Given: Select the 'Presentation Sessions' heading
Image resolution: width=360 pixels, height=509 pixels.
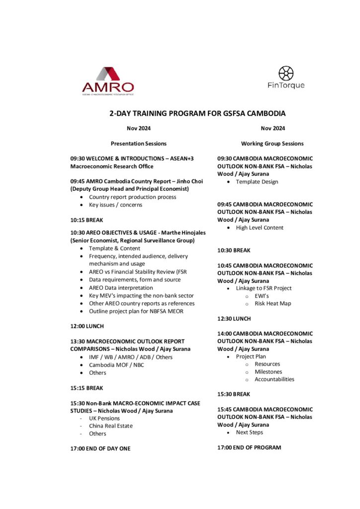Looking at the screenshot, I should pos(139,144).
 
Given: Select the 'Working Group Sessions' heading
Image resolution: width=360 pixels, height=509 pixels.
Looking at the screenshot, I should pos(272,144).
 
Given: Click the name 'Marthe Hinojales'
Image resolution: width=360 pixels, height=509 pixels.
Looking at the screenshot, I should pos(181,233).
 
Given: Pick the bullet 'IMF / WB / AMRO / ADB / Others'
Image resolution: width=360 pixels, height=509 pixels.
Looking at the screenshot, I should pos(131,357).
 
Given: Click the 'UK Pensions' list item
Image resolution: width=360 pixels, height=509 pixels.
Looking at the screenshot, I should pos(104,418).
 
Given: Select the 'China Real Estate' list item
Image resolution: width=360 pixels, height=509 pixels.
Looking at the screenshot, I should pos(111,425).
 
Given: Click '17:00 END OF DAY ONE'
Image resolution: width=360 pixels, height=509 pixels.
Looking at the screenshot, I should pos(100,448).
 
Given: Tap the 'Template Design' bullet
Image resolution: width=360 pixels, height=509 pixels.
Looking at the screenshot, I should pos(257,182).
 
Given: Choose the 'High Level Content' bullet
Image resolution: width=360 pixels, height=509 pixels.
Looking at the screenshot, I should pos(260,228).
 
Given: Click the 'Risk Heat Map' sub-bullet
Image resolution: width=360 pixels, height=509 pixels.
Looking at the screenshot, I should pos(273,303).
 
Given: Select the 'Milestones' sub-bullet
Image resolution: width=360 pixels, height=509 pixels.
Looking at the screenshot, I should pos(268,372).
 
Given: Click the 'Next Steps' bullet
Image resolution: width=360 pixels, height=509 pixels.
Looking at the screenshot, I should pos(250,432).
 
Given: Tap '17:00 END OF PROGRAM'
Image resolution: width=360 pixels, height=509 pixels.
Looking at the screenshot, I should pos(249,447).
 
